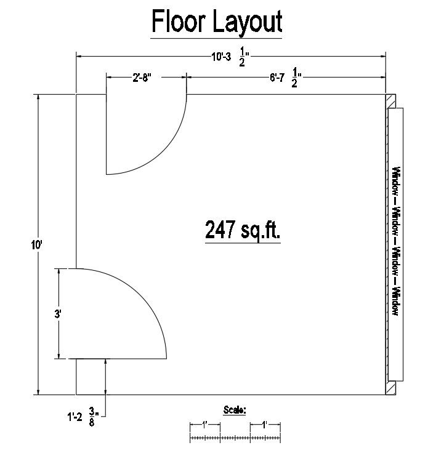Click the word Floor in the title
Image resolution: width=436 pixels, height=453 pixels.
click(x=179, y=22)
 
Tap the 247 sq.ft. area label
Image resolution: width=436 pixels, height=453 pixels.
click(x=243, y=230)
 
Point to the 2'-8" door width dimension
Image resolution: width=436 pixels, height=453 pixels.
click(x=142, y=78)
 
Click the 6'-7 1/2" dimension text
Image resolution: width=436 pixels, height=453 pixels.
click(x=285, y=78)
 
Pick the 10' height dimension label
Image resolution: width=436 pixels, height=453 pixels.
click(x=37, y=246)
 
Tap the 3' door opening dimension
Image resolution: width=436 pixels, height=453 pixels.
click(x=58, y=314)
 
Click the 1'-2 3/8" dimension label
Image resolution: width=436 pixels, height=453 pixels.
click(x=83, y=417)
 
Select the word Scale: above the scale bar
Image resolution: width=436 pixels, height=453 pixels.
click(x=235, y=409)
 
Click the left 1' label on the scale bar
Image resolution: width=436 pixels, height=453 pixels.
click(x=204, y=425)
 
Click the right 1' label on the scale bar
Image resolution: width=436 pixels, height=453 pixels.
click(x=265, y=425)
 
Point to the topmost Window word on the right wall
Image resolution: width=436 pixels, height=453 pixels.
click(x=396, y=181)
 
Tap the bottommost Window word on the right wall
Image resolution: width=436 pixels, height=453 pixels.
click(x=396, y=301)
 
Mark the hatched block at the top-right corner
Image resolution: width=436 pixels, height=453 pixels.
click(x=390, y=101)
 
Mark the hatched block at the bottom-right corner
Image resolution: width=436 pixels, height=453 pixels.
click(x=390, y=388)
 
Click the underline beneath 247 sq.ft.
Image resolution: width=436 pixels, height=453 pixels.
click(x=243, y=243)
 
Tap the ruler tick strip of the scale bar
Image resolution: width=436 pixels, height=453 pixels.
click(x=235, y=438)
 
